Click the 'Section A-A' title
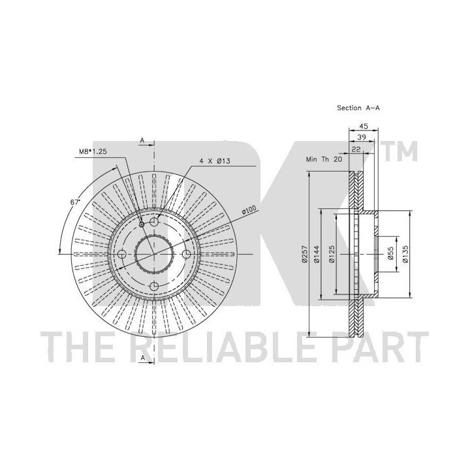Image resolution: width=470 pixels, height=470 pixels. click(358, 108)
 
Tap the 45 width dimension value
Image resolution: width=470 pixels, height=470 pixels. click(364, 126)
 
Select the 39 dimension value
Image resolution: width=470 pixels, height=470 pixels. click(362, 137)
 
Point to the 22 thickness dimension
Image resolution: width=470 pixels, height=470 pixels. click(356, 149)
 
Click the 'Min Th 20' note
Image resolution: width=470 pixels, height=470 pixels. click(324, 159)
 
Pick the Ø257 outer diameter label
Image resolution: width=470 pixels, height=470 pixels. click(305, 254)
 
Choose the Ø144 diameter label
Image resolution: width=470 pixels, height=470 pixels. click(317, 254)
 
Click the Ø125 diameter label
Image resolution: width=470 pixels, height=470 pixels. click(331, 254)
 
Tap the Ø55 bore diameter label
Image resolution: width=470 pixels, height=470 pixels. click(390, 254)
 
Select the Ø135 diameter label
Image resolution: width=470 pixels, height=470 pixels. click(405, 254)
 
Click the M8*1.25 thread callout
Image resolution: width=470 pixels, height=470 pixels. click(93, 151)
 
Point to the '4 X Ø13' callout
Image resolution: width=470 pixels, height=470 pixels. click(215, 161)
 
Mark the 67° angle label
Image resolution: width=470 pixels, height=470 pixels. click(75, 202)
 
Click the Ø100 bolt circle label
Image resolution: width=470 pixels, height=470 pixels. click(249, 210)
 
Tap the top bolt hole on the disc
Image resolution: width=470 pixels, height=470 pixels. click(154, 222)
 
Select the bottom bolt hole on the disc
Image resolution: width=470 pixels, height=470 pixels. click(154, 287)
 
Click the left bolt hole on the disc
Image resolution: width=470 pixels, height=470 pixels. click(122, 254)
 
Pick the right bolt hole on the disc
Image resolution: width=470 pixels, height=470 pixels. click(187, 254)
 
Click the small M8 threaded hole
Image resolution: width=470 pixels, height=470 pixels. click(142, 225)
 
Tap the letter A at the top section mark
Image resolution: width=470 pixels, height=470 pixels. click(142, 140)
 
